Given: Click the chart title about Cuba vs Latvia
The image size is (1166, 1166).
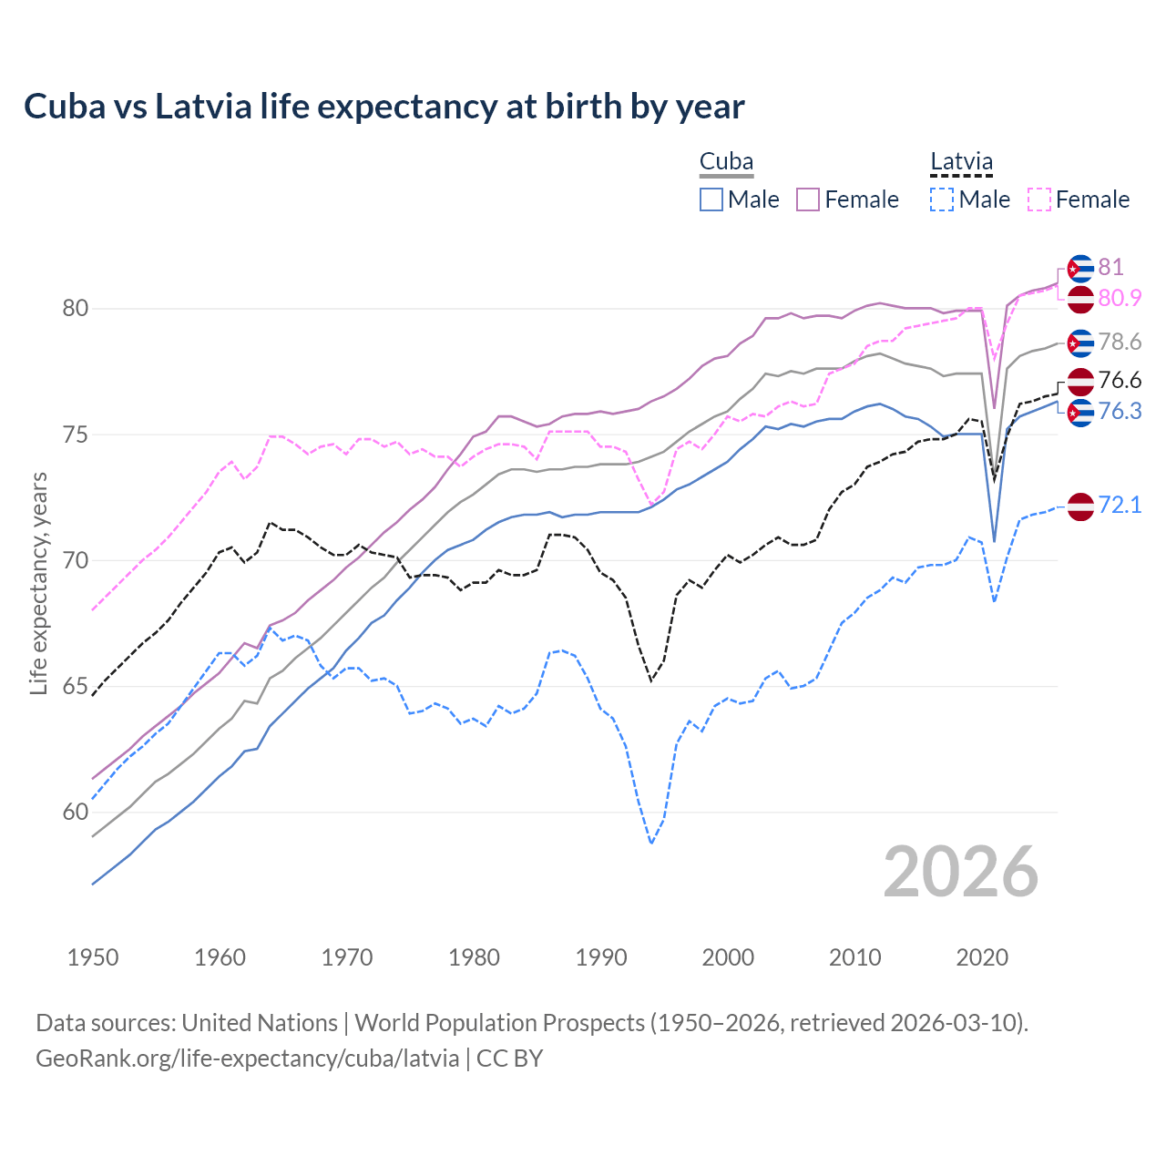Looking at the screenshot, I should [x=384, y=107].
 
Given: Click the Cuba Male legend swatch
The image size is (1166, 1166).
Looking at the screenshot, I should [x=711, y=199].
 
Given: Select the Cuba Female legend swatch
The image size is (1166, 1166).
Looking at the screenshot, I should [x=808, y=199].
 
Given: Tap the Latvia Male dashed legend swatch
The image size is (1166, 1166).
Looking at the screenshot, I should [x=942, y=199].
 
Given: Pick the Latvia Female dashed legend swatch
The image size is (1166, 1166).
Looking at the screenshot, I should [x=1038, y=199].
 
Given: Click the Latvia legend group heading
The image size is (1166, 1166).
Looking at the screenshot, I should [x=961, y=162].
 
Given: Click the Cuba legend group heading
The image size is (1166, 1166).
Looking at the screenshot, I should [x=726, y=162].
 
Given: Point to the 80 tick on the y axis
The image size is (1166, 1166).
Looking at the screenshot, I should [x=75, y=309].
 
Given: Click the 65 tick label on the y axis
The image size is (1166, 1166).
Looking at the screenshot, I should [x=75, y=687].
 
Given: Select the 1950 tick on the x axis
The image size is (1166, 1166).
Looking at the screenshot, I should [x=93, y=957].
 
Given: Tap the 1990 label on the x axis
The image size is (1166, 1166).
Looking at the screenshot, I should [x=601, y=957].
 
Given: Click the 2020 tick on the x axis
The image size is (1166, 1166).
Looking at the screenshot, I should [x=982, y=957].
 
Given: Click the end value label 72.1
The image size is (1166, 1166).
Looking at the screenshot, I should [x=1120, y=506].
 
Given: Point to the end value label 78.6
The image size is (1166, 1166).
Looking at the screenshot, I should [x=1120, y=343].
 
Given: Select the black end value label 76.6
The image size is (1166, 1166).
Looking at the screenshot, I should [x=1120, y=380].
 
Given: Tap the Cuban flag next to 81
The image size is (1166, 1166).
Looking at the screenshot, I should [x=1080, y=268].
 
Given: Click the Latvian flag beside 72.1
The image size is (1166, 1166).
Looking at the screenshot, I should [x=1080, y=506].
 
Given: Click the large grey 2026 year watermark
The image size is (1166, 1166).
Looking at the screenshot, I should [x=960, y=873].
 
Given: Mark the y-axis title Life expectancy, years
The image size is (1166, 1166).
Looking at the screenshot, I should [x=38, y=583].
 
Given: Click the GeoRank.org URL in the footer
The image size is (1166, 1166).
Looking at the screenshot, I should [x=247, y=1059].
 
